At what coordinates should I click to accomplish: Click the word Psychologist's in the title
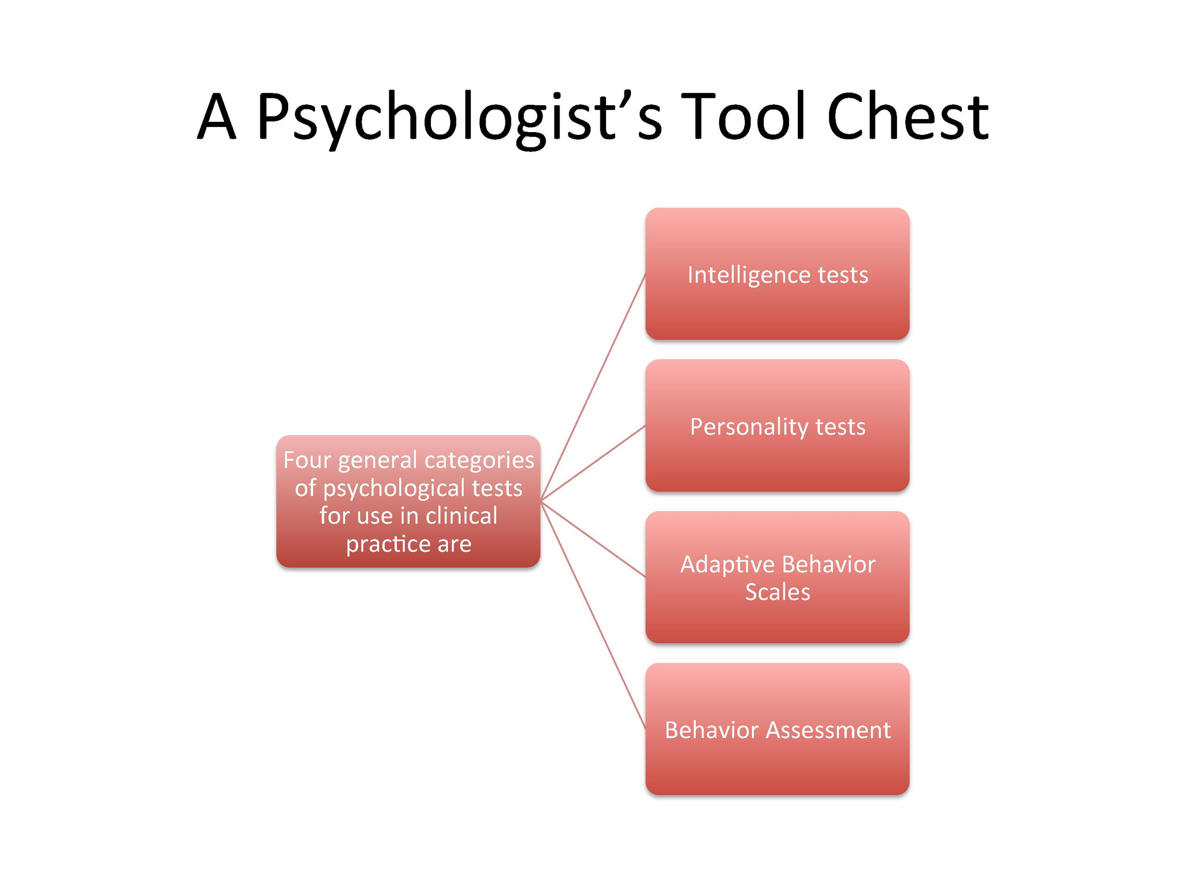tap(460, 119)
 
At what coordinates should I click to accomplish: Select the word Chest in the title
tap(908, 116)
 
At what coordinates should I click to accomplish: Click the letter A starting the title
tap(217, 116)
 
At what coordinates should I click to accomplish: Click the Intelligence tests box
tap(777, 273)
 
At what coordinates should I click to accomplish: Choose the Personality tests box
tap(777, 426)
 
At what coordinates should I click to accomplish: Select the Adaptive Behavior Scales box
tap(777, 577)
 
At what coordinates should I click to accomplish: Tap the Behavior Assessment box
tap(777, 729)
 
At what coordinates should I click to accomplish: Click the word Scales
tap(777, 592)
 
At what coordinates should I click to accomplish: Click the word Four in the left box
tap(307, 460)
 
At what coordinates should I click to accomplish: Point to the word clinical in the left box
tap(461, 515)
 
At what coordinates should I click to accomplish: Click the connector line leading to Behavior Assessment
tap(593, 615)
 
